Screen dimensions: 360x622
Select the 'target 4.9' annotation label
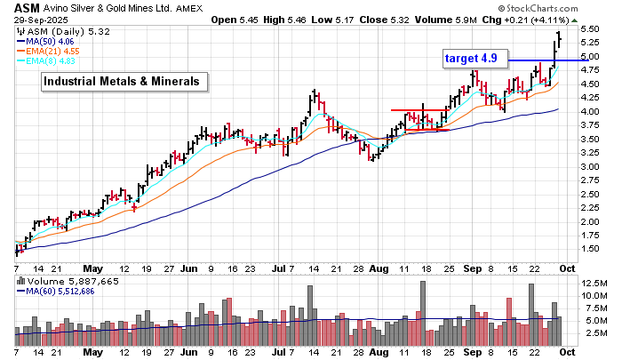476,59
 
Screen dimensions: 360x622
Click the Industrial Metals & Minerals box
124,82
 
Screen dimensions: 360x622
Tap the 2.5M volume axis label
594,332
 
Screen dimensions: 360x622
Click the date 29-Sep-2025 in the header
37,22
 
